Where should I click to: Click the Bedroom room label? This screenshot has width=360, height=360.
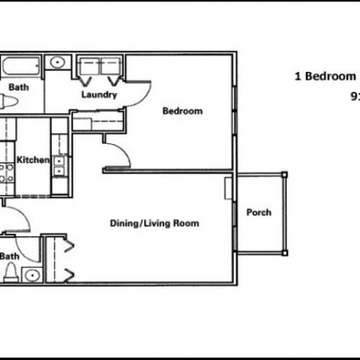(x=181, y=111)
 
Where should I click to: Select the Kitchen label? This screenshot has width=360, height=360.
(x=32, y=160)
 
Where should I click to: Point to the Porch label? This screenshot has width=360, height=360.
(x=258, y=212)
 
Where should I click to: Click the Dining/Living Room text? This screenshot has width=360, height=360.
(x=154, y=223)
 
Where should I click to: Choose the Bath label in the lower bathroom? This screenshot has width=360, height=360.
(x=9, y=256)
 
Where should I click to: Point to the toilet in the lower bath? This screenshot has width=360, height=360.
(x=11, y=273)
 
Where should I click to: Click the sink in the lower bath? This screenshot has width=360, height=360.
(x=32, y=274)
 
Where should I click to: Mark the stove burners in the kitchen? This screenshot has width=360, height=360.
(x=6, y=173)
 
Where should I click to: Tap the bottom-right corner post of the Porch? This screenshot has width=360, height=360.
(x=284, y=252)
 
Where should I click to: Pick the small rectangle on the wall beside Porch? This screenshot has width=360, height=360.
(x=229, y=188)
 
